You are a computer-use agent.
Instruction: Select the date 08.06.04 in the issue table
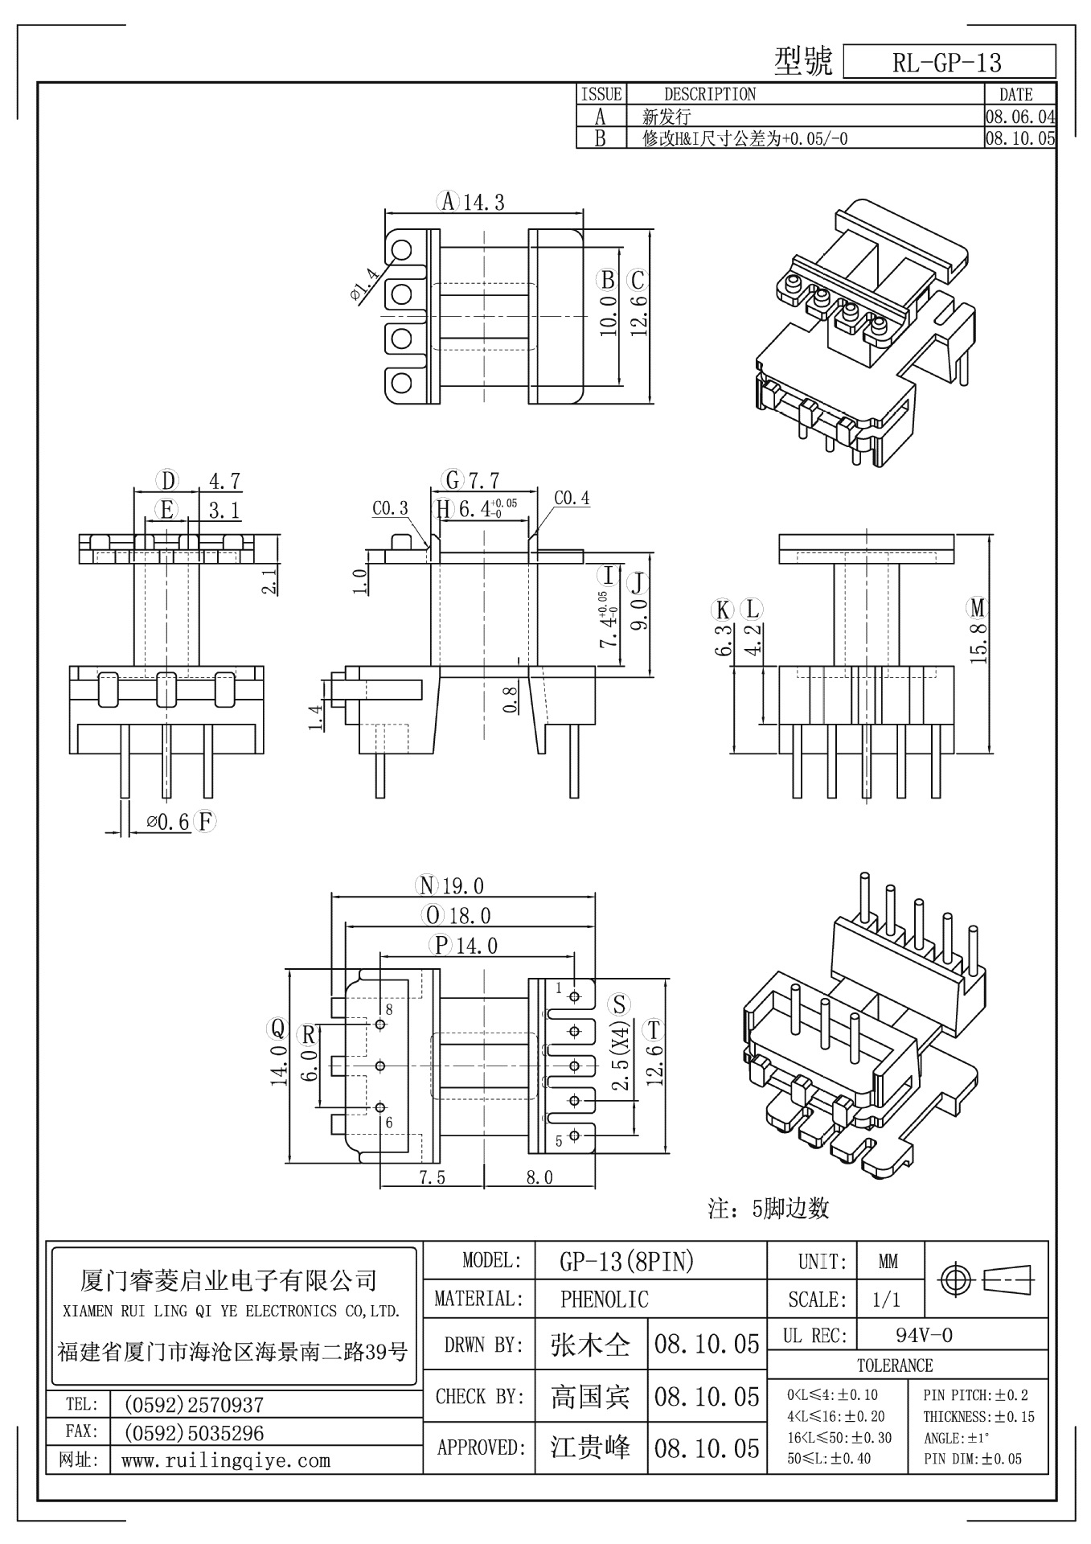pos(1020,117)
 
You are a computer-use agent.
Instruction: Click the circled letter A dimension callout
pos(447,201)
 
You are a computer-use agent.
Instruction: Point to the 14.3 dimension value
pos(483,203)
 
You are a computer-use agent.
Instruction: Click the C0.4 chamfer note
pos(572,499)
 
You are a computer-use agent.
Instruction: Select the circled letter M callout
pos(978,607)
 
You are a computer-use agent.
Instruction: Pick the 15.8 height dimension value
pos(978,643)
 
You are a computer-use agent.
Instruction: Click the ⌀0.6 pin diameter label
pos(167,822)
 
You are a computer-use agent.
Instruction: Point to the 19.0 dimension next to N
pos(462,886)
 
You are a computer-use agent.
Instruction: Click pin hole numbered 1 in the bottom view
pos(574,996)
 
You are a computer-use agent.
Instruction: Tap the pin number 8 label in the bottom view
pos(389,1009)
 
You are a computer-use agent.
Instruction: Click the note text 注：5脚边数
pos(768,1209)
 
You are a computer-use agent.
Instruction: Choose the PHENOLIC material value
pos(604,1299)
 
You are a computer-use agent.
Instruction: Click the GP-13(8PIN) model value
pos(626,1262)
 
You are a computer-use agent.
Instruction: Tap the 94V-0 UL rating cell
pos(924,1336)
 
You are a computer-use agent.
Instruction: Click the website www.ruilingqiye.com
pos(226,1460)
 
